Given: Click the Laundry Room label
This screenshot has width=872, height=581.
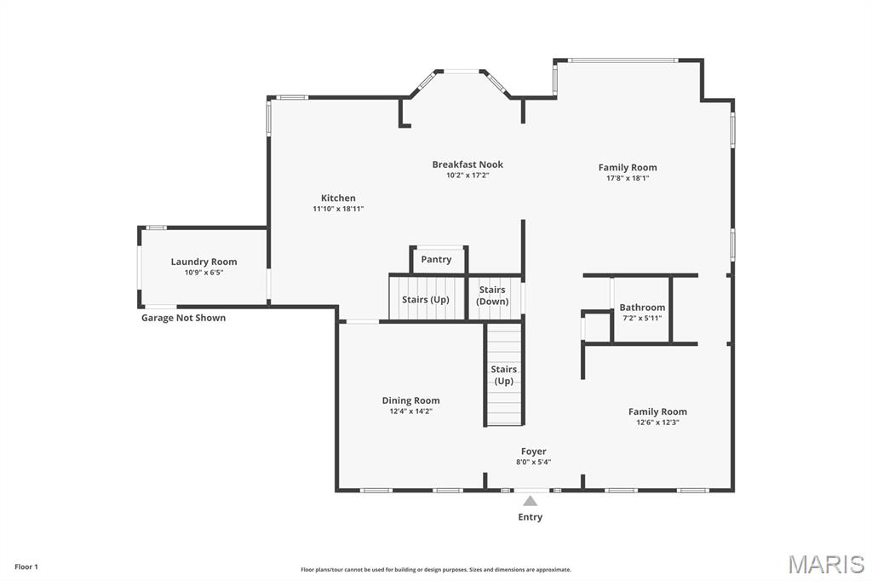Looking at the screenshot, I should click(x=204, y=262).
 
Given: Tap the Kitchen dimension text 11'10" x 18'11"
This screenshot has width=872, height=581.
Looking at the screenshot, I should click(x=338, y=209).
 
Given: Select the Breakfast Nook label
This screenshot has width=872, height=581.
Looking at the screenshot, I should click(x=468, y=164).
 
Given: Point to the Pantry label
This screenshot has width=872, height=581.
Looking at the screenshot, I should click(x=436, y=260).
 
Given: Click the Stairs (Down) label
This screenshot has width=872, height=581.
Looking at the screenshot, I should click(x=492, y=296).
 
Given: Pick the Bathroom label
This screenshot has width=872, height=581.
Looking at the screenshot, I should click(x=642, y=308).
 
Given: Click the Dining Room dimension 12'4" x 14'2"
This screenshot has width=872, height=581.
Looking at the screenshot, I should click(x=410, y=411).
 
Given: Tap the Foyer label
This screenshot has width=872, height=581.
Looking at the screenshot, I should click(x=534, y=452).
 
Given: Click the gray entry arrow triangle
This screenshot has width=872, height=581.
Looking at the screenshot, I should click(x=531, y=501).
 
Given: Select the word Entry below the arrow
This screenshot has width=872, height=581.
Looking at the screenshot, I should click(x=531, y=517).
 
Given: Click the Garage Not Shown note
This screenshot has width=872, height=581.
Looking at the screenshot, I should click(x=183, y=318).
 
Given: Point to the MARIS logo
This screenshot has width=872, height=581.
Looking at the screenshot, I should click(x=826, y=564).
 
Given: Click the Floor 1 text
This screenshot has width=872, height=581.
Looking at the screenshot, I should click(x=26, y=567).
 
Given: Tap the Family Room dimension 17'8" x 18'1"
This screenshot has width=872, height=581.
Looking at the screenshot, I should click(x=628, y=179).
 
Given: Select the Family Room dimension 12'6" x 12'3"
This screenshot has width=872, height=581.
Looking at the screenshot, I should click(x=657, y=423).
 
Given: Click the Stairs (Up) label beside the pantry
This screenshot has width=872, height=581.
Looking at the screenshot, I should click(x=426, y=300).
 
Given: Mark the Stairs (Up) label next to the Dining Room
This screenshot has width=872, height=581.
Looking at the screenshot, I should click(x=504, y=375).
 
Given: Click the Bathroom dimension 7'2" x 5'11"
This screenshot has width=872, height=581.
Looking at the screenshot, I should click(x=642, y=319).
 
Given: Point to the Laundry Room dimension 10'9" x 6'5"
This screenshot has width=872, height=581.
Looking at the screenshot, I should click(x=204, y=273).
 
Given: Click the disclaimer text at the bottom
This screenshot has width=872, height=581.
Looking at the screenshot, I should click(x=436, y=570).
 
